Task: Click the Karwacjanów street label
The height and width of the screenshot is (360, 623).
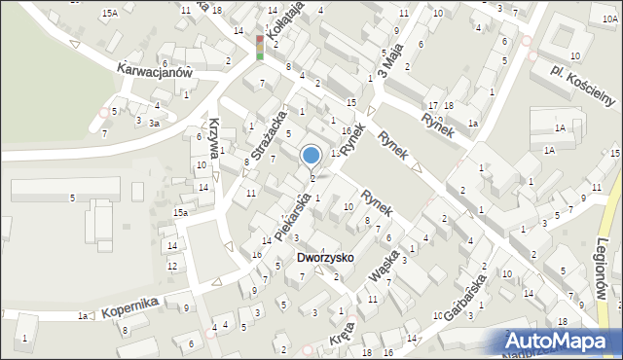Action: pos(157,70)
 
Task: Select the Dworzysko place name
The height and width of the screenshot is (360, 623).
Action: pos(326,258)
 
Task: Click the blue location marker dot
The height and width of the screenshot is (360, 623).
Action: pos(311,155)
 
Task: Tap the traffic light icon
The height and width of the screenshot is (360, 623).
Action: pos(260,48)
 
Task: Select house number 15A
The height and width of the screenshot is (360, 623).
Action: pos(110,13)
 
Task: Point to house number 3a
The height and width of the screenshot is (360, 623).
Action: pos(154,123)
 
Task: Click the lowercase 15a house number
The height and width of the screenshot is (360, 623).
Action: pos(181,212)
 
